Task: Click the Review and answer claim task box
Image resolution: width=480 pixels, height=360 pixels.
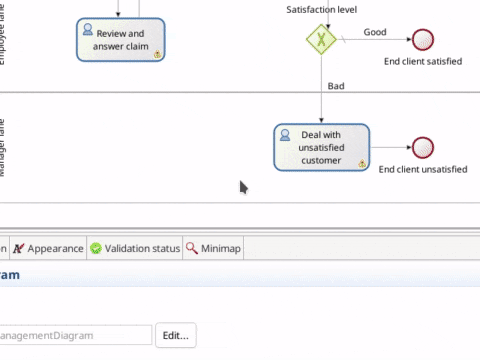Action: pyautogui.click(x=120, y=39)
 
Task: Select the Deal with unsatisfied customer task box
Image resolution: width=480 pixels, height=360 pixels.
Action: pyautogui.click(x=321, y=148)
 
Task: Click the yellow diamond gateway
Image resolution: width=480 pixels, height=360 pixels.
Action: pyautogui.click(x=321, y=40)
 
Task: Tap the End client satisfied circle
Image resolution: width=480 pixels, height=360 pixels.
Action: pyautogui.click(x=423, y=40)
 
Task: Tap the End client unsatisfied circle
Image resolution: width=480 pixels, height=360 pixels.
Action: pyautogui.click(x=423, y=148)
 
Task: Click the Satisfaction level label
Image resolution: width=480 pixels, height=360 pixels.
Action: pyautogui.click(x=322, y=9)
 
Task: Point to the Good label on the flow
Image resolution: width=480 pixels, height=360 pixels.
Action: pyautogui.click(x=375, y=32)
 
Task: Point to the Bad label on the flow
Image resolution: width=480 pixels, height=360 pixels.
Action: pyautogui.click(x=336, y=86)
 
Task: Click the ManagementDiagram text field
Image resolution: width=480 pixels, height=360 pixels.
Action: pyautogui.click(x=75, y=335)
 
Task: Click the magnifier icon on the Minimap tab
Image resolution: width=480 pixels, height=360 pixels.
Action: pyautogui.click(x=192, y=248)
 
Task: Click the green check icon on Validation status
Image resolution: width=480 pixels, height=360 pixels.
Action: pyautogui.click(x=96, y=248)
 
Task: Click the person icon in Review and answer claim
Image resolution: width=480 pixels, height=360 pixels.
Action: pyautogui.click(x=88, y=26)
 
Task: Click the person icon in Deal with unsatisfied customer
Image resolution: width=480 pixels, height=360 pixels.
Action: pyautogui.click(x=285, y=134)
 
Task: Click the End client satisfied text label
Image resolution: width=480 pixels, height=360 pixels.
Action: pyautogui.click(x=422, y=62)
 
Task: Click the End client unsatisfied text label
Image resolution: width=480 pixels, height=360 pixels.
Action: pyautogui.click(x=422, y=170)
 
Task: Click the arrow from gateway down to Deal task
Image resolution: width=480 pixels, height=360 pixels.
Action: pyautogui.click(x=321, y=95)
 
